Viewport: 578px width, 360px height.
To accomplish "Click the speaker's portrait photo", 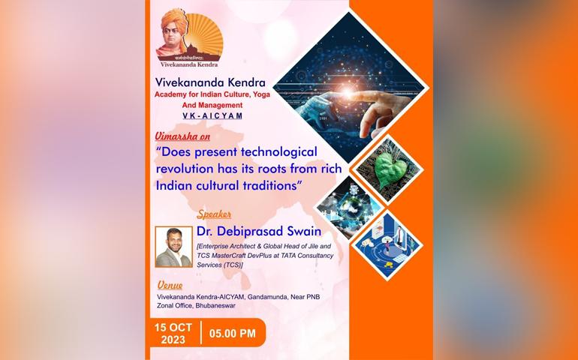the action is pyautogui.click(x=173, y=247).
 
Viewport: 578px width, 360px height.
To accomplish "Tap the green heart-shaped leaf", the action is pyautogui.click(x=390, y=170).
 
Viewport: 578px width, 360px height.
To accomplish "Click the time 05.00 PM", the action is pyautogui.click(x=232, y=334).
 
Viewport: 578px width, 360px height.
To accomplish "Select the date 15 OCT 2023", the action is pyautogui.click(x=173, y=334).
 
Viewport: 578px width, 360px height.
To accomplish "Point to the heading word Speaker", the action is pyautogui.click(x=214, y=214).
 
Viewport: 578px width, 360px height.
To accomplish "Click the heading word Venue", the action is pyautogui.click(x=170, y=285).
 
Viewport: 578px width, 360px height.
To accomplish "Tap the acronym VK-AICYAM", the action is pyautogui.click(x=212, y=115).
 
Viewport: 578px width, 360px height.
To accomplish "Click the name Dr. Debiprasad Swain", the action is pyautogui.click(x=259, y=232).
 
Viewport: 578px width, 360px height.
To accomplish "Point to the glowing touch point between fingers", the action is pyautogui.click(x=348, y=92).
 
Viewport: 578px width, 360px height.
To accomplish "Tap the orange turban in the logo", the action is pyautogui.click(x=174, y=19).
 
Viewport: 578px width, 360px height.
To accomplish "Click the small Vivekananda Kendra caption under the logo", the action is pyautogui.click(x=189, y=64).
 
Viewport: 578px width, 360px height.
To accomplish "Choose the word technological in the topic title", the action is pyautogui.click(x=278, y=151).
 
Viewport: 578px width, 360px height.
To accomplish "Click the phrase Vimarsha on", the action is pyautogui.click(x=182, y=136).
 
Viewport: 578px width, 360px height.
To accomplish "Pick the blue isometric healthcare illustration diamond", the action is pyautogui.click(x=387, y=244).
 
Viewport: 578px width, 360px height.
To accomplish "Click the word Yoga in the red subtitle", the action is pyautogui.click(x=261, y=94).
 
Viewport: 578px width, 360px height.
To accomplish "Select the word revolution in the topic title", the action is pyautogui.click(x=185, y=169).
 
